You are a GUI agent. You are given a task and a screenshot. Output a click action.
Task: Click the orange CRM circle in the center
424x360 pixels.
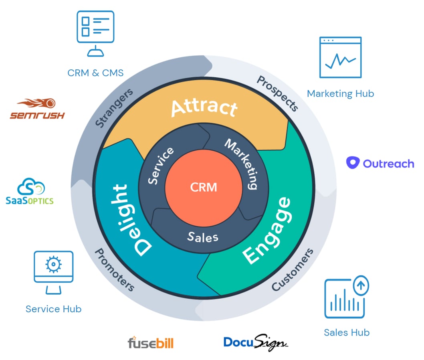pos(204,187)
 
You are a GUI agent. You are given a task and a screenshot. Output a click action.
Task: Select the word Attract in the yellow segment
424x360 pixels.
pos(204,107)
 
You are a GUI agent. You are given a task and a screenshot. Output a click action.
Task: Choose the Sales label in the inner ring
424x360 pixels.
pos(203,237)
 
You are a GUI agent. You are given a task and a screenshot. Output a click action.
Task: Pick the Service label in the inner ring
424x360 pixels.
pos(161,165)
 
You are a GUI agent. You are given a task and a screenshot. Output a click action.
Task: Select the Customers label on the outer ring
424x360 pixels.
pos(293,269)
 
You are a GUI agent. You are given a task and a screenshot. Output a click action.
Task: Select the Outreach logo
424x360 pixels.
pos(380,163)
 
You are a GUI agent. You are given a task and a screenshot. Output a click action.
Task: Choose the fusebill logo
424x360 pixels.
pos(150,343)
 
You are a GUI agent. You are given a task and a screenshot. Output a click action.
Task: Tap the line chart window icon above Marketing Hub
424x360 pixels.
pos(340,57)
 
